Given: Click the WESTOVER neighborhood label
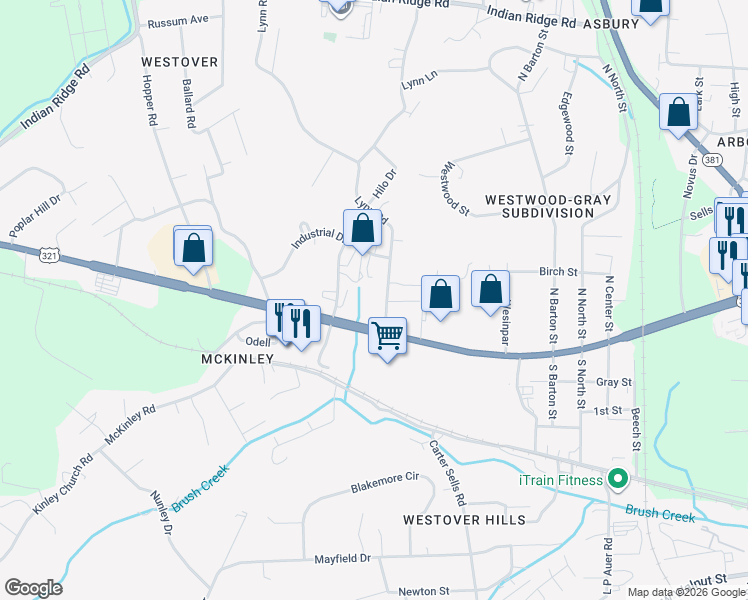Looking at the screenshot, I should [180, 62].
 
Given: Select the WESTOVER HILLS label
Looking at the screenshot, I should [463, 520].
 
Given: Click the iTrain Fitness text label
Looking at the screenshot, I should [560, 480].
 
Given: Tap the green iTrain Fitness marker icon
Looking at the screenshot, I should [617, 480].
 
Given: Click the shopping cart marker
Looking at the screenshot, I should [387, 336].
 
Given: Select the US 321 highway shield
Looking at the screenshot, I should [48, 256].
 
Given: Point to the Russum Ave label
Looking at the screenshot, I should [177, 20].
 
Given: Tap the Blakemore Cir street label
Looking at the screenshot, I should [383, 478].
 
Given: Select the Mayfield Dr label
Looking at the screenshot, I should [342, 558].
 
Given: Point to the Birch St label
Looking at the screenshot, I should [558, 271].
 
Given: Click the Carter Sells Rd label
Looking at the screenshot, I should [448, 472].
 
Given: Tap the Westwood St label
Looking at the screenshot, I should [455, 188].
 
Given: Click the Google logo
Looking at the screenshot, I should [33, 588].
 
